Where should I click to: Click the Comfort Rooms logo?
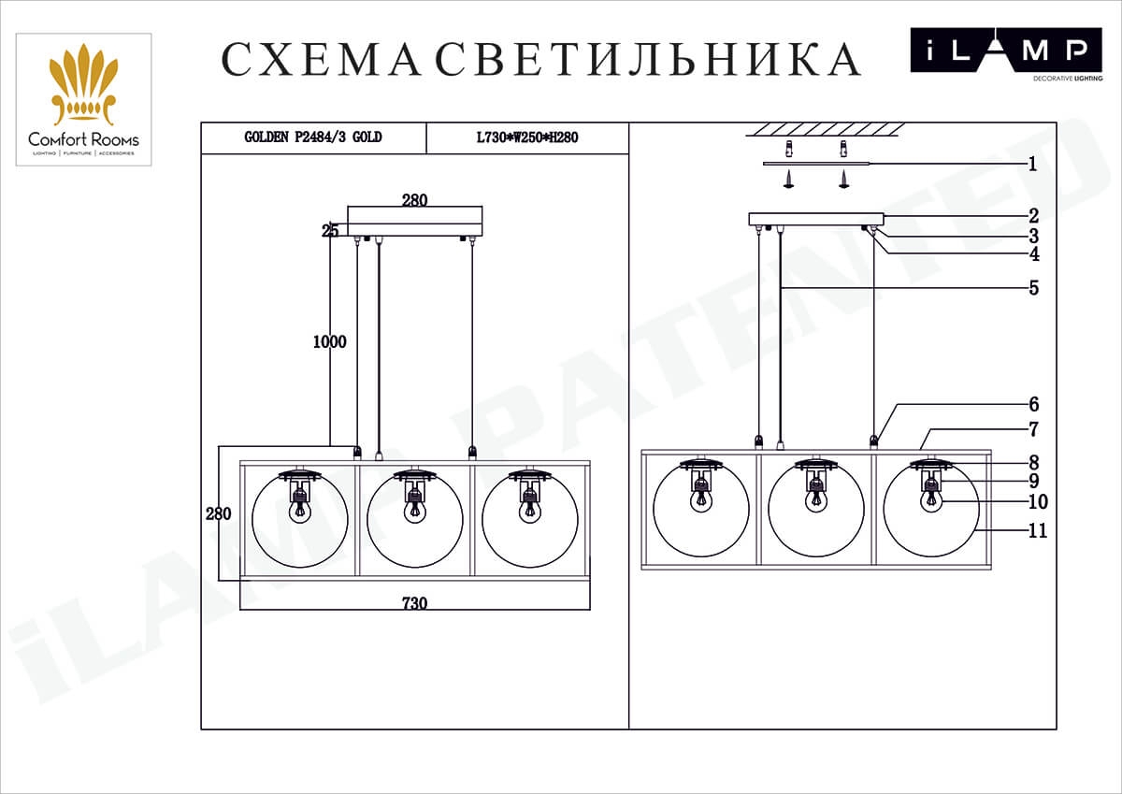tap(83, 100)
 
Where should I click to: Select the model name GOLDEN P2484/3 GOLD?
tap(313, 137)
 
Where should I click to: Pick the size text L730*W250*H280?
tap(527, 137)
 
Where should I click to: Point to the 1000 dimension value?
tap(329, 342)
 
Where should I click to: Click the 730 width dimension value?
tap(414, 603)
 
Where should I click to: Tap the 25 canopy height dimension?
tap(330, 231)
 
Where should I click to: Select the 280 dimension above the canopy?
tap(414, 200)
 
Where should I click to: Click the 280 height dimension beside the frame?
tap(218, 513)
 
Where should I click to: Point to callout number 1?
tap(1032, 165)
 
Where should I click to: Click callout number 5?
tap(1033, 288)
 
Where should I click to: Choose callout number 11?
tap(1037, 531)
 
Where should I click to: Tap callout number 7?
tap(1033, 430)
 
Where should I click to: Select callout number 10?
tap(1037, 502)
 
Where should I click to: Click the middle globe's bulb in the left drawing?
tap(414, 511)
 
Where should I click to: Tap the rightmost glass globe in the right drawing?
tap(930, 510)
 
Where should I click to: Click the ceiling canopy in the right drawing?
tap(815, 219)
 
